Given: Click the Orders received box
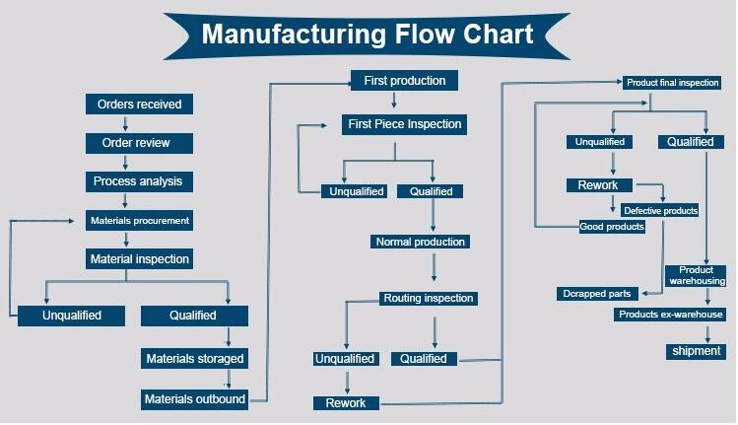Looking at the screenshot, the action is pyautogui.click(x=139, y=105).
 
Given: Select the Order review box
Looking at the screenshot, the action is pyautogui.click(x=139, y=143).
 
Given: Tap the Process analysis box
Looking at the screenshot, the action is pyautogui.click(x=139, y=181).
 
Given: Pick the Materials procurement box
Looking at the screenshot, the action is pyautogui.click(x=139, y=221).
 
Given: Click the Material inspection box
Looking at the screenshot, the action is pyautogui.click(x=139, y=259).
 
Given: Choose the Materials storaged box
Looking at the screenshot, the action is pyautogui.click(x=194, y=359).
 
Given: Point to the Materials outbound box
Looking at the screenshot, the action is pyautogui.click(x=194, y=399).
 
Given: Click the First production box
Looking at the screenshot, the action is pyautogui.click(x=404, y=81).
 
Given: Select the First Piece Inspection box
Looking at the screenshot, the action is pyautogui.click(x=404, y=124).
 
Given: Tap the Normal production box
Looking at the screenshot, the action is pyautogui.click(x=420, y=242).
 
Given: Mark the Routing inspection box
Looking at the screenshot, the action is pyautogui.click(x=429, y=298).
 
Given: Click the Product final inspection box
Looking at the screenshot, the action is pyautogui.click(x=672, y=83).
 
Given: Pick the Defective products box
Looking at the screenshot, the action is pyautogui.click(x=660, y=211).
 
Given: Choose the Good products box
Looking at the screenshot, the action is pyautogui.click(x=612, y=227).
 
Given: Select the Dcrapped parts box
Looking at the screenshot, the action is pyautogui.click(x=597, y=294).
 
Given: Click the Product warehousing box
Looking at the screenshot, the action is pyautogui.click(x=696, y=276).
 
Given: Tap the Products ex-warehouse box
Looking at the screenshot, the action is pyautogui.click(x=670, y=315).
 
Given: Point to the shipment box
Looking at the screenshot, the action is pyautogui.click(x=696, y=351).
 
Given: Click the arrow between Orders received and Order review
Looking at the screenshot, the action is pyautogui.click(x=126, y=123).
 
